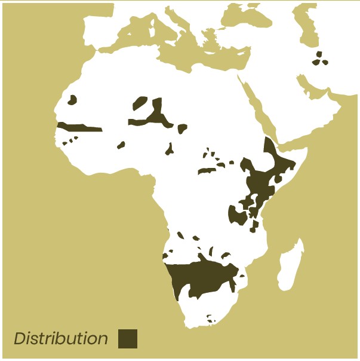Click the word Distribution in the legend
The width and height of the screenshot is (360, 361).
point(60,339)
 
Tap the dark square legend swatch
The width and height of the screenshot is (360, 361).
point(128,339)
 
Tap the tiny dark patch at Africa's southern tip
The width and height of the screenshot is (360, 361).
point(210,319)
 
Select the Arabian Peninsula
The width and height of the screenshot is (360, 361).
point(299,114)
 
